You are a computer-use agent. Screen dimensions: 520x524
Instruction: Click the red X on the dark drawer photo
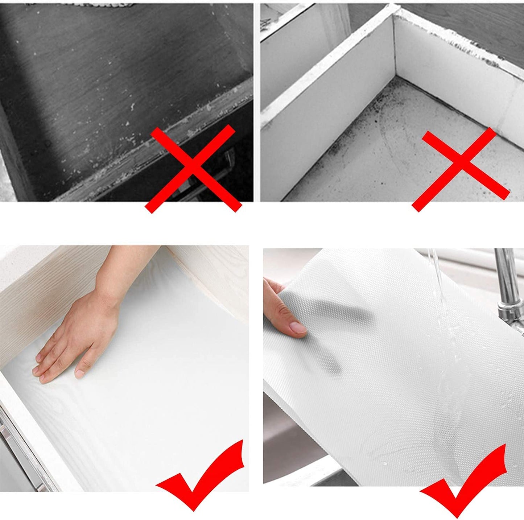pyautogui.click(x=193, y=169)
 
